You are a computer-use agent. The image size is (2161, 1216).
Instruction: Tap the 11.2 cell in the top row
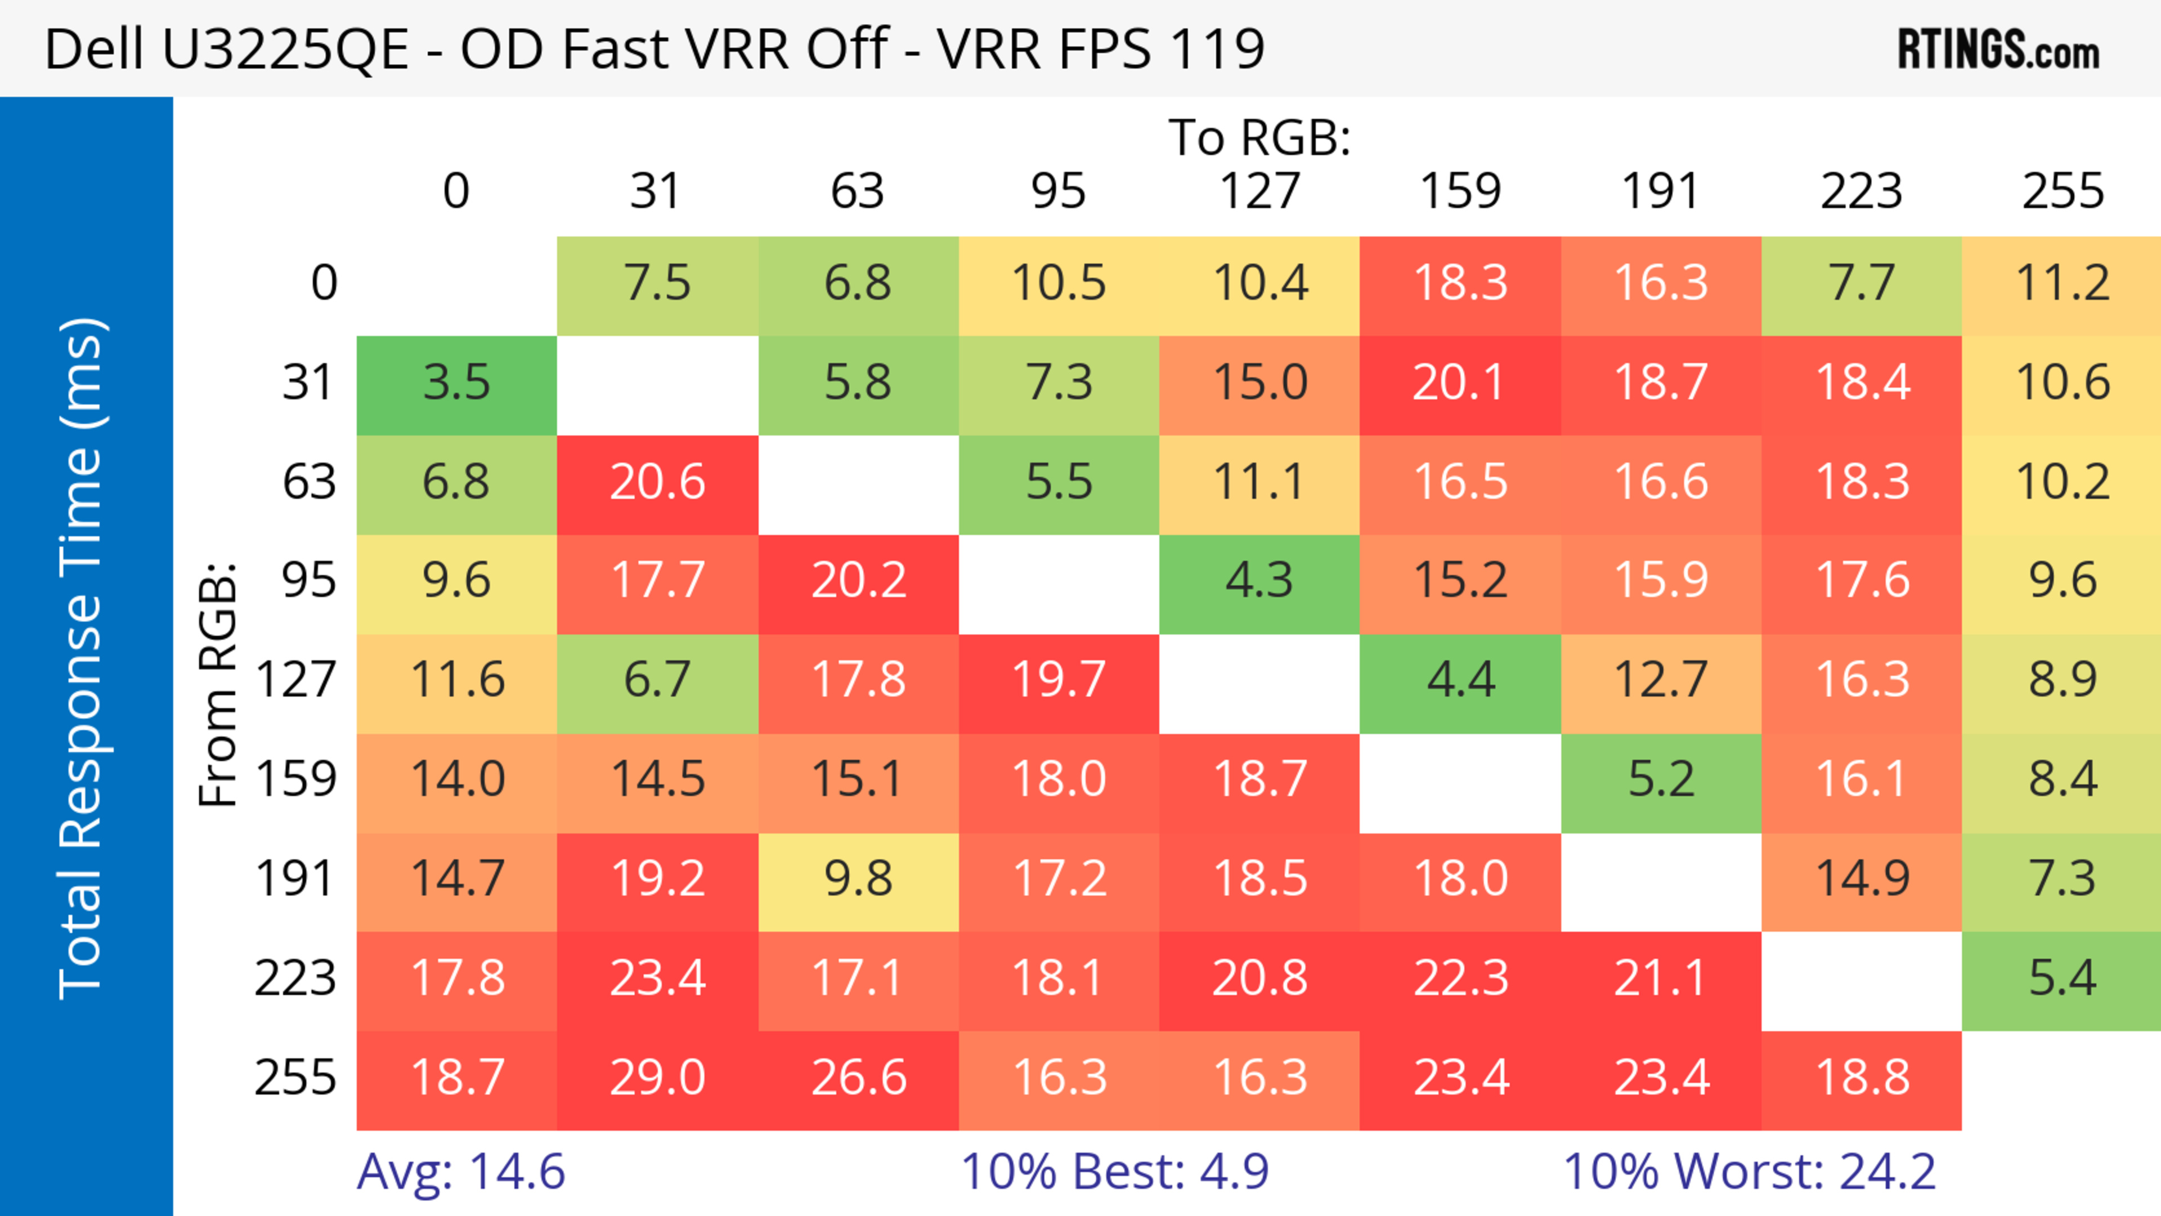(2062, 284)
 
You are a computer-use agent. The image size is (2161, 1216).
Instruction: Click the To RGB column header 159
(1460, 192)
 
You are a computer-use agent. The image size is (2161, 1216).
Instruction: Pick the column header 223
(1862, 192)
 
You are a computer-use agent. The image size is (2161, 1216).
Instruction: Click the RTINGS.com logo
(1998, 50)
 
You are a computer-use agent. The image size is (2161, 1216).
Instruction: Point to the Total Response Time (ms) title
(82, 659)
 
